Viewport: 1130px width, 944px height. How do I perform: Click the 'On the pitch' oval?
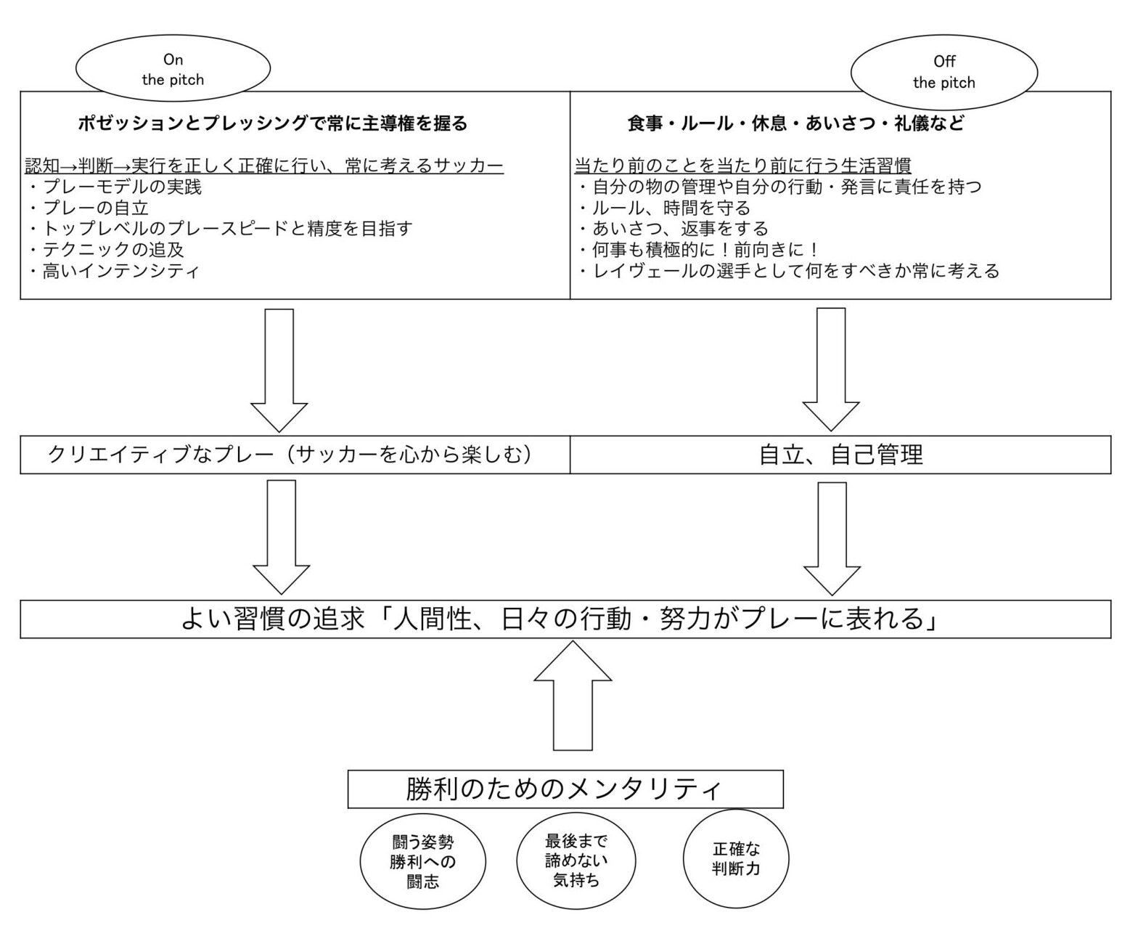(x=173, y=69)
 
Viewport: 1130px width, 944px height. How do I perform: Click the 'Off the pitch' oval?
(x=943, y=72)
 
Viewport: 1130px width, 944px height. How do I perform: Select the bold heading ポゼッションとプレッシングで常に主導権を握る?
(x=273, y=123)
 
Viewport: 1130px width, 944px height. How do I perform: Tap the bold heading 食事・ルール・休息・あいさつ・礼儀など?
(x=795, y=123)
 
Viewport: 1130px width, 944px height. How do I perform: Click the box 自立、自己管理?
(x=840, y=455)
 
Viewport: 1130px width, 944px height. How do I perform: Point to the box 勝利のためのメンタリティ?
(x=565, y=789)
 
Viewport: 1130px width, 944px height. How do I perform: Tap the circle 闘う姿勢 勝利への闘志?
(x=422, y=862)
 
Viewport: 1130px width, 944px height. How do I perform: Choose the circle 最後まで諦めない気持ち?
(x=576, y=860)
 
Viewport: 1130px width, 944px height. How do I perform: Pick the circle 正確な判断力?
(x=736, y=858)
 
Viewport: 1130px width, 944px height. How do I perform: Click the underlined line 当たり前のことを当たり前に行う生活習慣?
(x=742, y=166)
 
